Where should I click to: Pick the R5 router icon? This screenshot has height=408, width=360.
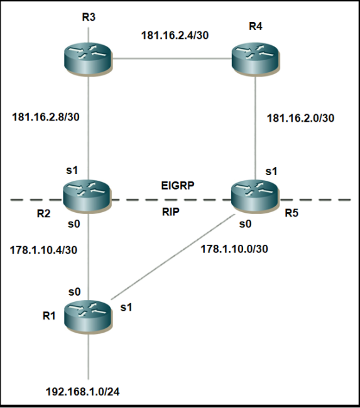click(255, 196)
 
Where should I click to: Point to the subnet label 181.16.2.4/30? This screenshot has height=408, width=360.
click(175, 35)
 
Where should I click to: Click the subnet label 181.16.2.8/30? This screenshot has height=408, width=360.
click(46, 117)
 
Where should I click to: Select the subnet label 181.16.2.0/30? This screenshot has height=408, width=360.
click(300, 118)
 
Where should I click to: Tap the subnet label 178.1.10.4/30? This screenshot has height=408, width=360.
click(43, 250)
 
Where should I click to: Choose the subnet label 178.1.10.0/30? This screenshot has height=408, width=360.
click(234, 249)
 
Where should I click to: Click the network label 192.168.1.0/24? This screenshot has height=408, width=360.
click(82, 392)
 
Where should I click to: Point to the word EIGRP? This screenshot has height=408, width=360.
click(178, 186)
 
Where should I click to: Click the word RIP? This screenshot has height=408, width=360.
click(171, 212)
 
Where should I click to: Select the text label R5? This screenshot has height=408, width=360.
click(292, 213)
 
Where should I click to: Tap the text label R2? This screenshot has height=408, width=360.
click(43, 213)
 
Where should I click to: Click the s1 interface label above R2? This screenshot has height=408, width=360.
click(72, 170)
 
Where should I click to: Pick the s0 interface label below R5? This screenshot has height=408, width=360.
click(245, 224)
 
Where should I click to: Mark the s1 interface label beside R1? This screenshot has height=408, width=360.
click(126, 308)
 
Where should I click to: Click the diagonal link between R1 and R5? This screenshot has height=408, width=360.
click(173, 257)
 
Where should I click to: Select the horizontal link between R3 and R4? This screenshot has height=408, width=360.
click(172, 59)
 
